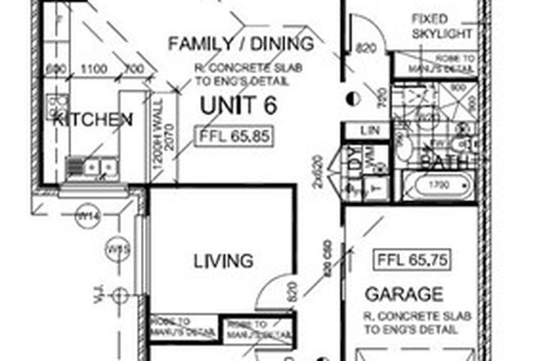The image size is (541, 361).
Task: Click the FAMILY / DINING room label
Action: [x=240, y=43]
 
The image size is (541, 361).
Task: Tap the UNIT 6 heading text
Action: [x=240, y=104]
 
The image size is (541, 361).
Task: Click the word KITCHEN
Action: [x=93, y=120]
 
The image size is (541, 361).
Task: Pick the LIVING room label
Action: [x=222, y=262]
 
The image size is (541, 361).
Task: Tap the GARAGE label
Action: [x=404, y=294]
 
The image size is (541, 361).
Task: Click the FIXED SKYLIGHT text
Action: [x=442, y=26]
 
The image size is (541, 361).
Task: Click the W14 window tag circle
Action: [x=86, y=216]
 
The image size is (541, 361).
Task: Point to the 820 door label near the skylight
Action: [x=366, y=50]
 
